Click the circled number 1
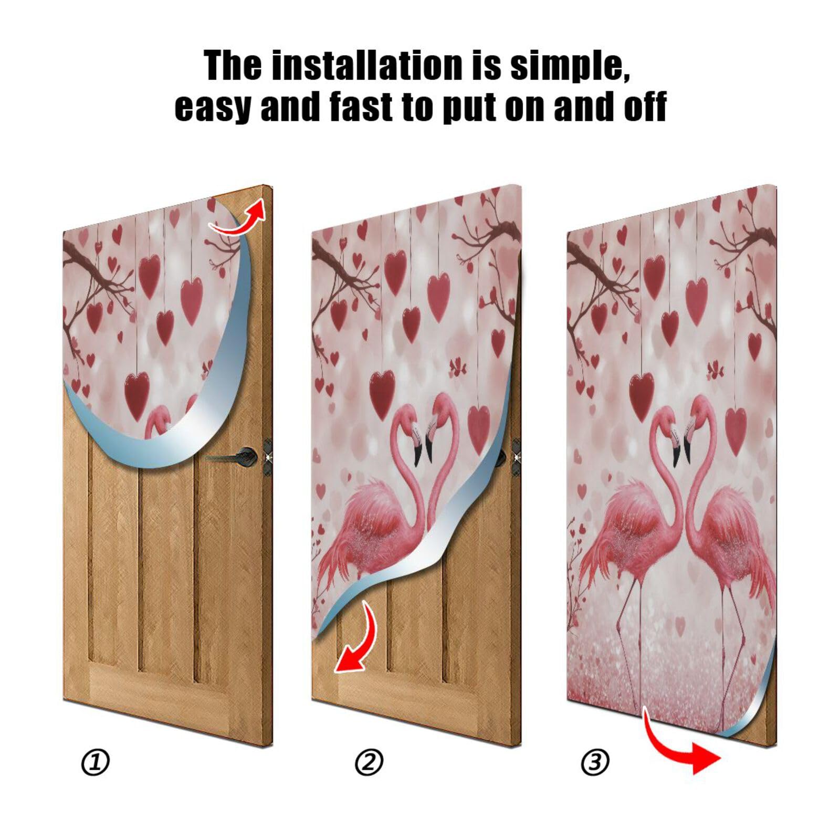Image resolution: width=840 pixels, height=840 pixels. pos(96,762)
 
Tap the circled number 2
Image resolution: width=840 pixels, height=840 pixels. pos(369,762)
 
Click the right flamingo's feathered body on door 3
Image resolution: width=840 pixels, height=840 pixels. pos(732,530)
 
